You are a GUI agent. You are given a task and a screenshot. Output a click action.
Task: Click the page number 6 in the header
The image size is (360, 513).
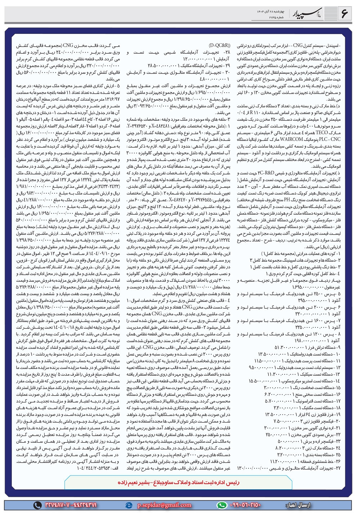pyautogui.click(x=344, y=13)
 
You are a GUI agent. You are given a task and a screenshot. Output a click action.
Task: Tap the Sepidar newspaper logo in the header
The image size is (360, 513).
pyautogui.click(x=310, y=14)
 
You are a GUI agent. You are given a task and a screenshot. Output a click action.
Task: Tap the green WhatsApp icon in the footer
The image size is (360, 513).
pyautogui.click(x=223, y=505)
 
